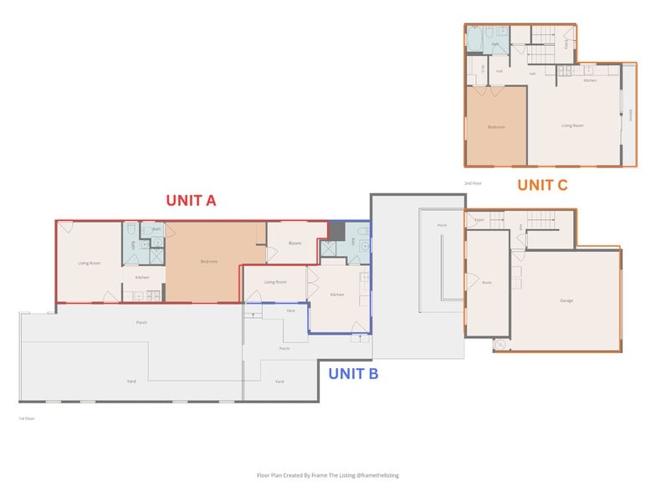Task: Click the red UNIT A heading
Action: coord(191,200)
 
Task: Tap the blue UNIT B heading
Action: coord(352,374)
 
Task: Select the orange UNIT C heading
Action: coord(541,185)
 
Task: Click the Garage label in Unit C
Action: coord(566,300)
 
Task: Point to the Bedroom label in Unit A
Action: coord(208,262)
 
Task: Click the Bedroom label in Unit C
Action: coord(496,127)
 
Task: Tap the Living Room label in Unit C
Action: coord(571,126)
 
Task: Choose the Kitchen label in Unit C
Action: coord(590,80)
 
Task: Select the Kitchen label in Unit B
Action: coord(336,295)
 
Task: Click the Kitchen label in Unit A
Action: coord(142,277)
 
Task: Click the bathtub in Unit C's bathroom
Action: coord(474,39)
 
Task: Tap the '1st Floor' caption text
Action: coord(27,418)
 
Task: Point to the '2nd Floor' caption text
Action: coord(473,182)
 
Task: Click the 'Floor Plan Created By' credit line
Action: coord(327,474)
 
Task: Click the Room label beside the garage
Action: coord(486,283)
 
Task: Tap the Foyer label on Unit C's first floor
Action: coord(479,220)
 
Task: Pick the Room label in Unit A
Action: coord(295,243)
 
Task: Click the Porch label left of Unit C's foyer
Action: coord(442,225)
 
